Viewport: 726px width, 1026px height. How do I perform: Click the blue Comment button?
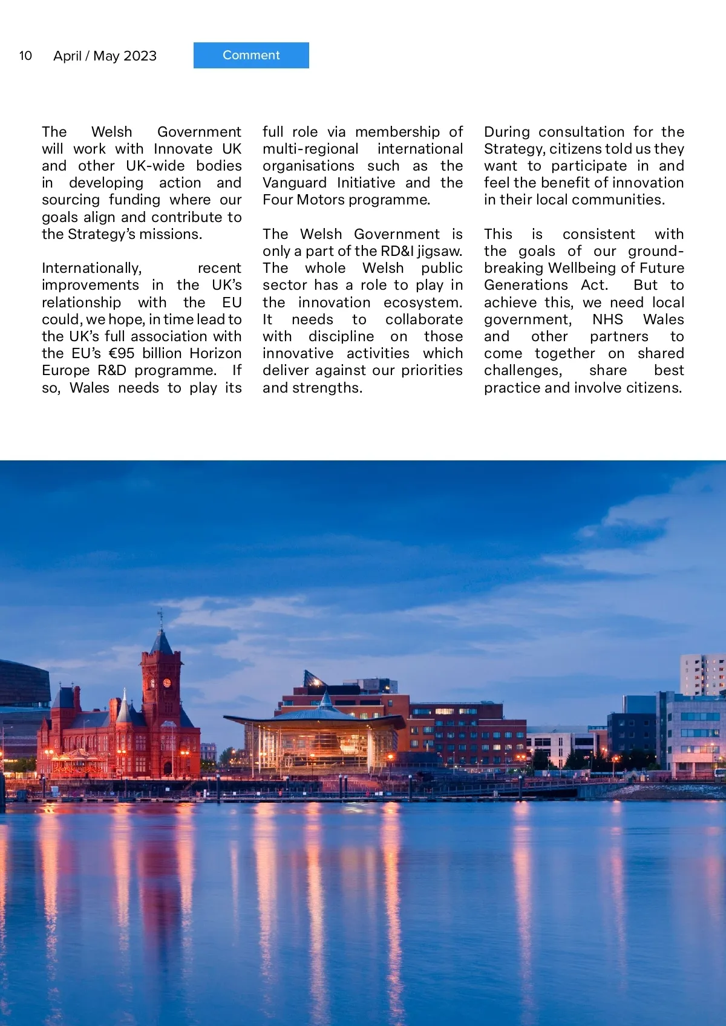pos(251,55)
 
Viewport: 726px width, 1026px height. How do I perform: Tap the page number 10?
pos(25,56)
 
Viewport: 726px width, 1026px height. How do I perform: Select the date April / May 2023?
pos(105,56)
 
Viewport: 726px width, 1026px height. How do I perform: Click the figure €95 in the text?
pos(122,353)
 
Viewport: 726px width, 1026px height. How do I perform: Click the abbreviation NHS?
pos(607,319)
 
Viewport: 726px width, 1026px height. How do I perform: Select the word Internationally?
pos(91,268)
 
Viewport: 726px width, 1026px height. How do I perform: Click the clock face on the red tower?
pos(167,683)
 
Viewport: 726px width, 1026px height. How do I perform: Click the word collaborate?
pos(423,319)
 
